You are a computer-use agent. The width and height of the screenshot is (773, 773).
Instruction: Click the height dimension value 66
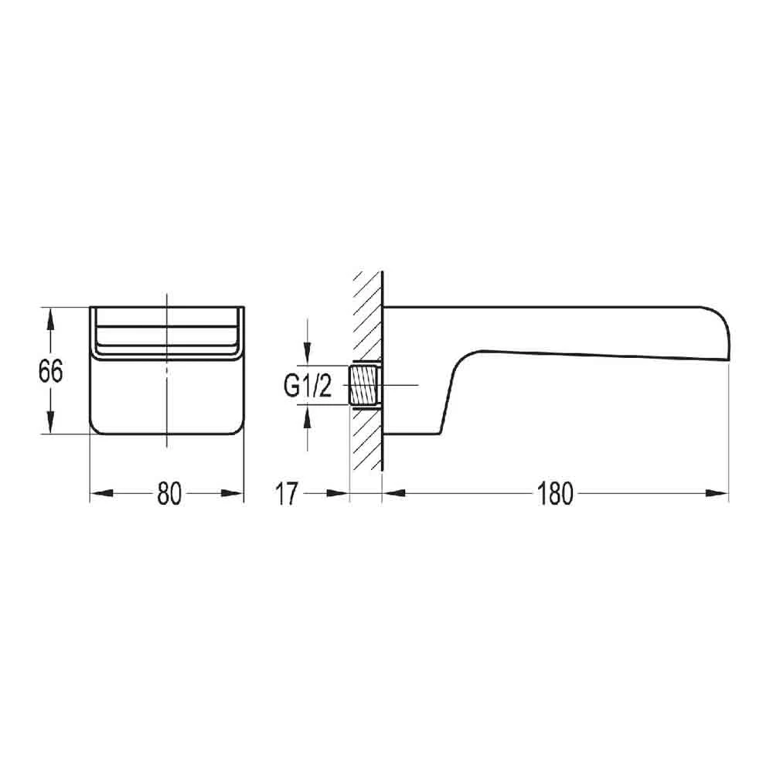click(51, 372)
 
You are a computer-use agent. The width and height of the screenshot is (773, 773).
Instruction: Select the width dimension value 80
click(169, 493)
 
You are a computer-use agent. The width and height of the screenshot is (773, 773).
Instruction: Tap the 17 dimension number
click(286, 493)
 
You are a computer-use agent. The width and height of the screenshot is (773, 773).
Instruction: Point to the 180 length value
click(555, 493)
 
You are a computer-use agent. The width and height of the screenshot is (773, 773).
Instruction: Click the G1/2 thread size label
click(307, 385)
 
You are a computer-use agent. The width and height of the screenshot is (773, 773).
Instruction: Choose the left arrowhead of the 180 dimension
click(393, 493)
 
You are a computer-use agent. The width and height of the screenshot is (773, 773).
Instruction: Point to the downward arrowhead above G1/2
click(308, 355)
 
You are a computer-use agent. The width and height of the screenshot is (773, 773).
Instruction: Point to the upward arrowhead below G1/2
click(308, 415)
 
